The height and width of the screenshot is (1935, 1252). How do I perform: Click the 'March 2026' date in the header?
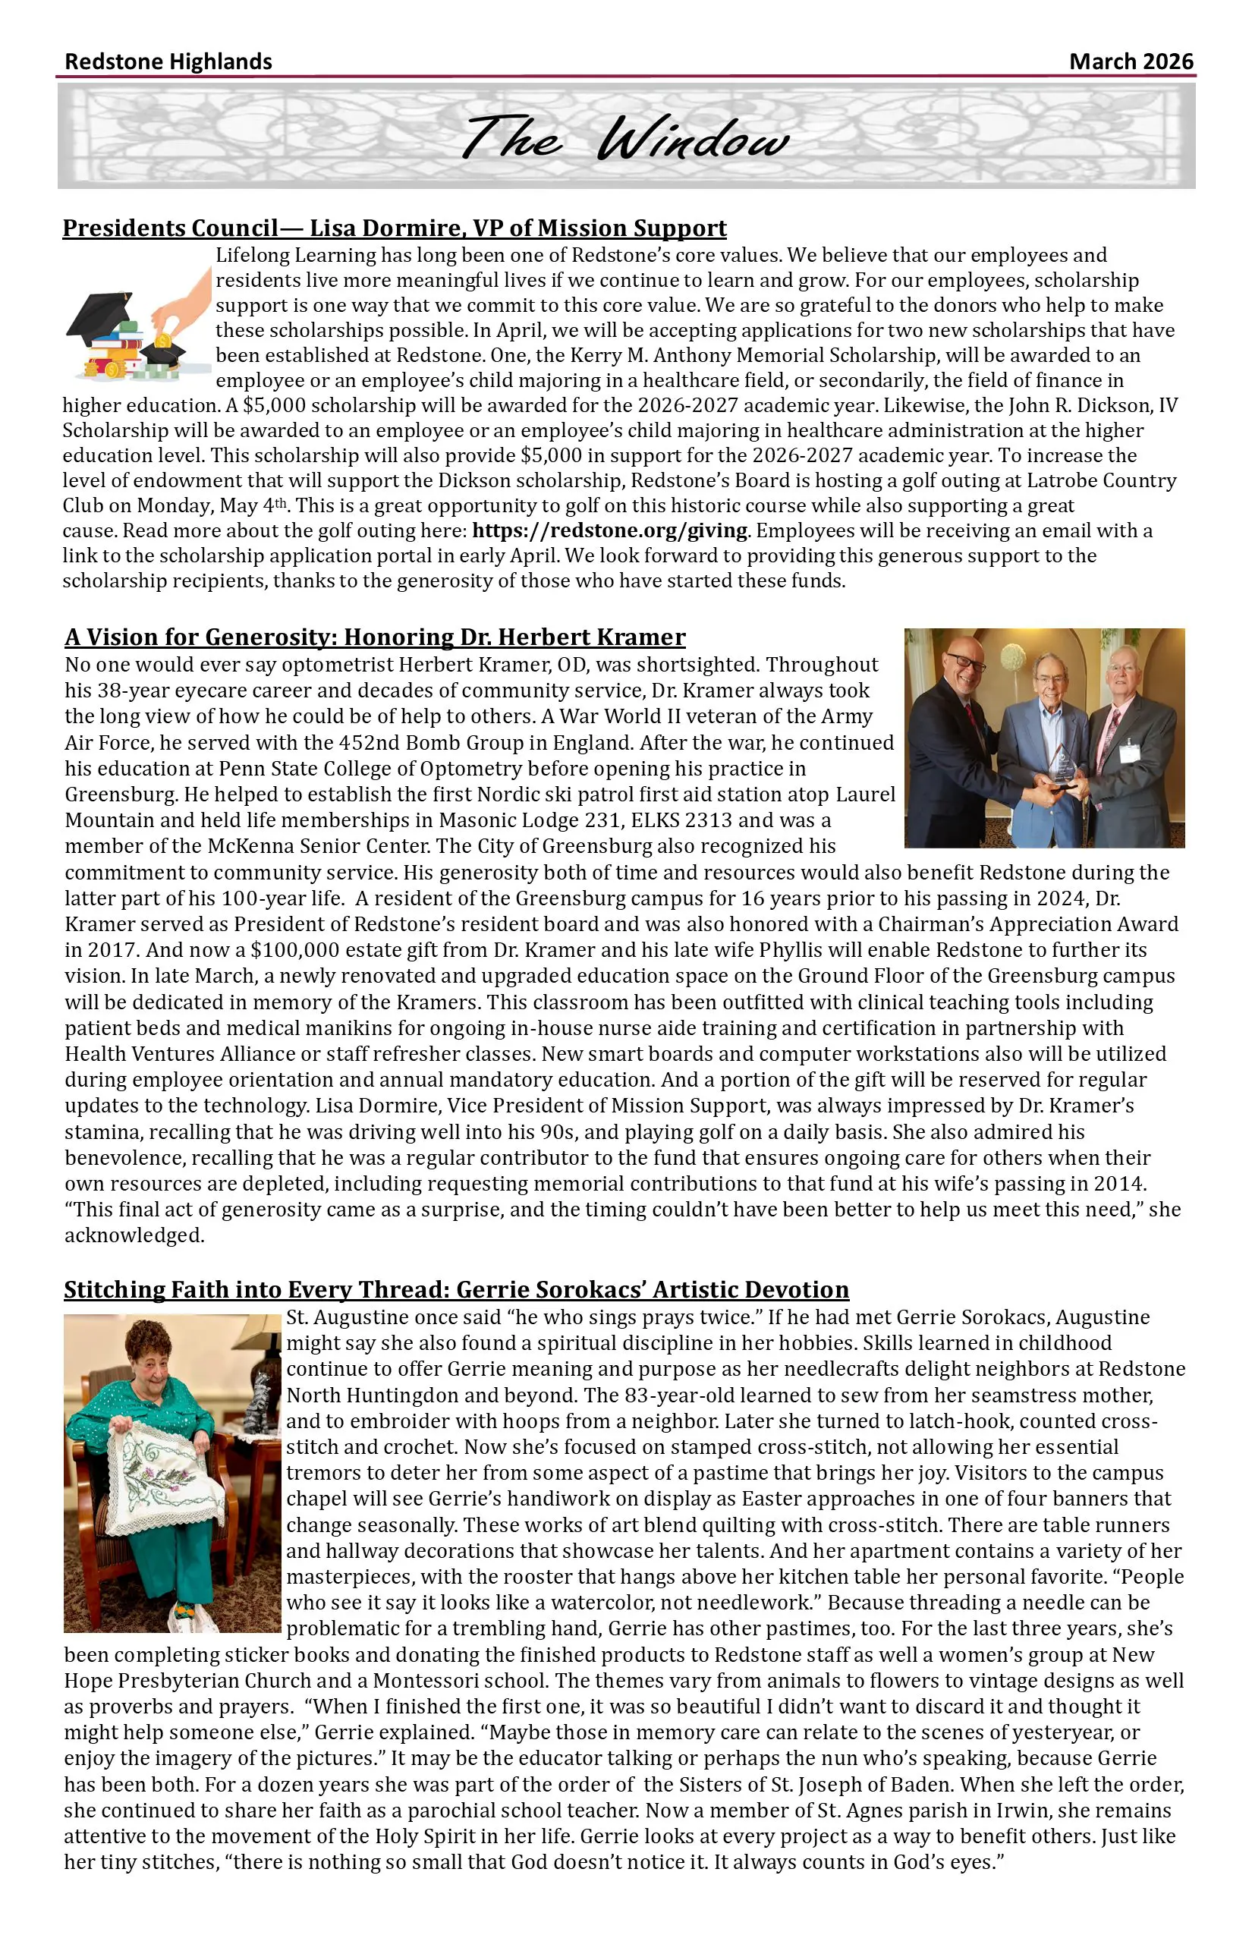[x=1130, y=61]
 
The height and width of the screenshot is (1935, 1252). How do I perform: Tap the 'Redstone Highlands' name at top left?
[x=168, y=61]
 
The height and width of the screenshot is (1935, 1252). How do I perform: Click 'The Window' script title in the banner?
[x=624, y=138]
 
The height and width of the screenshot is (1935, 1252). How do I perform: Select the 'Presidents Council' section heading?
[x=395, y=228]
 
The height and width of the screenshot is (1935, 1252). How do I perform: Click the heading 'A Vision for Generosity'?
[x=375, y=637]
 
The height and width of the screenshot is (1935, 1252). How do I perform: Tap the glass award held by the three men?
[x=1060, y=764]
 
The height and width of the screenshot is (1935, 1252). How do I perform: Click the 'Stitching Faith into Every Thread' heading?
[x=456, y=1289]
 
